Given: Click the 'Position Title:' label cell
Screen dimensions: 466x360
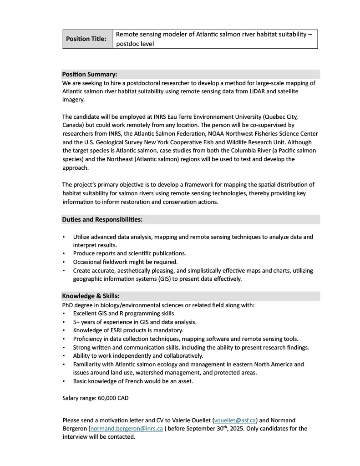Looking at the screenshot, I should coord(86,39).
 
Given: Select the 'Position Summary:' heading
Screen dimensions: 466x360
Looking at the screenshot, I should coord(90,74).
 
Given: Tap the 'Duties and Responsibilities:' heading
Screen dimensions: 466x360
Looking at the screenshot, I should coord(102,219).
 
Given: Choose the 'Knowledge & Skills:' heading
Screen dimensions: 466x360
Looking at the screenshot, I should coord(91,296).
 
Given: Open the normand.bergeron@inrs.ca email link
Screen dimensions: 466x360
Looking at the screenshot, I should coord(126,428).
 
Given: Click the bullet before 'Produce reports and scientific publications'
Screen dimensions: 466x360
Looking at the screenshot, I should coord(63,253).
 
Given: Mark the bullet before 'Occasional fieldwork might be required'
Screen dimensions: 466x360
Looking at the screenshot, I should coord(63,262).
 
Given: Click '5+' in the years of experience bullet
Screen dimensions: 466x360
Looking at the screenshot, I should coord(77,322).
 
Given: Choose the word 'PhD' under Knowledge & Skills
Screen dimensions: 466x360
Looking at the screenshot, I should coord(68,305).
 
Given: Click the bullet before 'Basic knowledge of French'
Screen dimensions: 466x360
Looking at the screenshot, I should coord(63,381).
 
